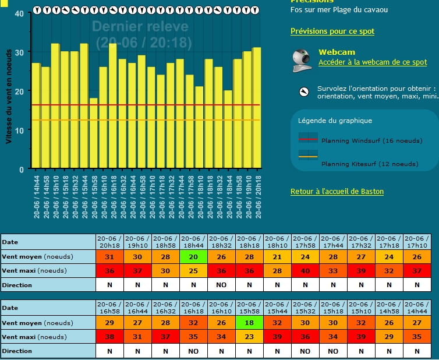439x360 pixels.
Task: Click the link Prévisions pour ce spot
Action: pyautogui.click(x=332, y=31)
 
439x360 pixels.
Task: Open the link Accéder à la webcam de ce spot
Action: pyautogui.click(x=372, y=62)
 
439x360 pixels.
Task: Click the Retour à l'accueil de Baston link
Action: pyautogui.click(x=337, y=192)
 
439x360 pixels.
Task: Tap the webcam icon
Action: pyautogui.click(x=302, y=61)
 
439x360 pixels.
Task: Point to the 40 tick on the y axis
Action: pyautogui.click(x=20, y=13)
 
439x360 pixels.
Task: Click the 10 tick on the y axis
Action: pyautogui.click(x=20, y=130)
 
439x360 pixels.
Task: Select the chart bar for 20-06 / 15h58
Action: pyautogui.click(x=93, y=133)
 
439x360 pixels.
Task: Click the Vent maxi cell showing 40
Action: pyautogui.click(x=305, y=270)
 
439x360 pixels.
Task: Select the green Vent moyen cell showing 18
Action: pyautogui.click(x=249, y=323)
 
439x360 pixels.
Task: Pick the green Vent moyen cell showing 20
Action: pyautogui.click(x=193, y=257)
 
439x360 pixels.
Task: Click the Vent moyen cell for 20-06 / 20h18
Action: pyautogui.click(x=109, y=257)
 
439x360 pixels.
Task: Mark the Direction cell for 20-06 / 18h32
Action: pyautogui.click(x=221, y=285)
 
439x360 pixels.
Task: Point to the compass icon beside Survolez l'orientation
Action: pyautogui.click(x=303, y=92)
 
